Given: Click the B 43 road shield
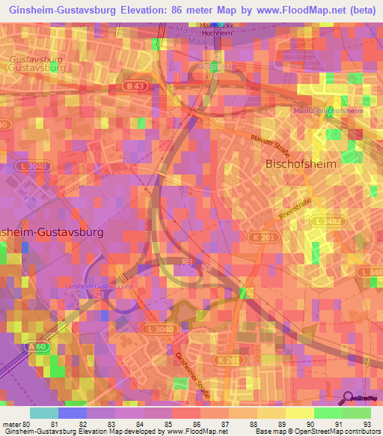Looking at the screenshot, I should click(x=135, y=86).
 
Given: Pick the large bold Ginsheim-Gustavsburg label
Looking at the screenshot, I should click(x=52, y=232).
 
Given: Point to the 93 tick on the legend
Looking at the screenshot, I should click(x=367, y=424).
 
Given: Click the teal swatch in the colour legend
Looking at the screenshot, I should click(x=44, y=413).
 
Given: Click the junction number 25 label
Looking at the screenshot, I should click(x=97, y=297).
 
